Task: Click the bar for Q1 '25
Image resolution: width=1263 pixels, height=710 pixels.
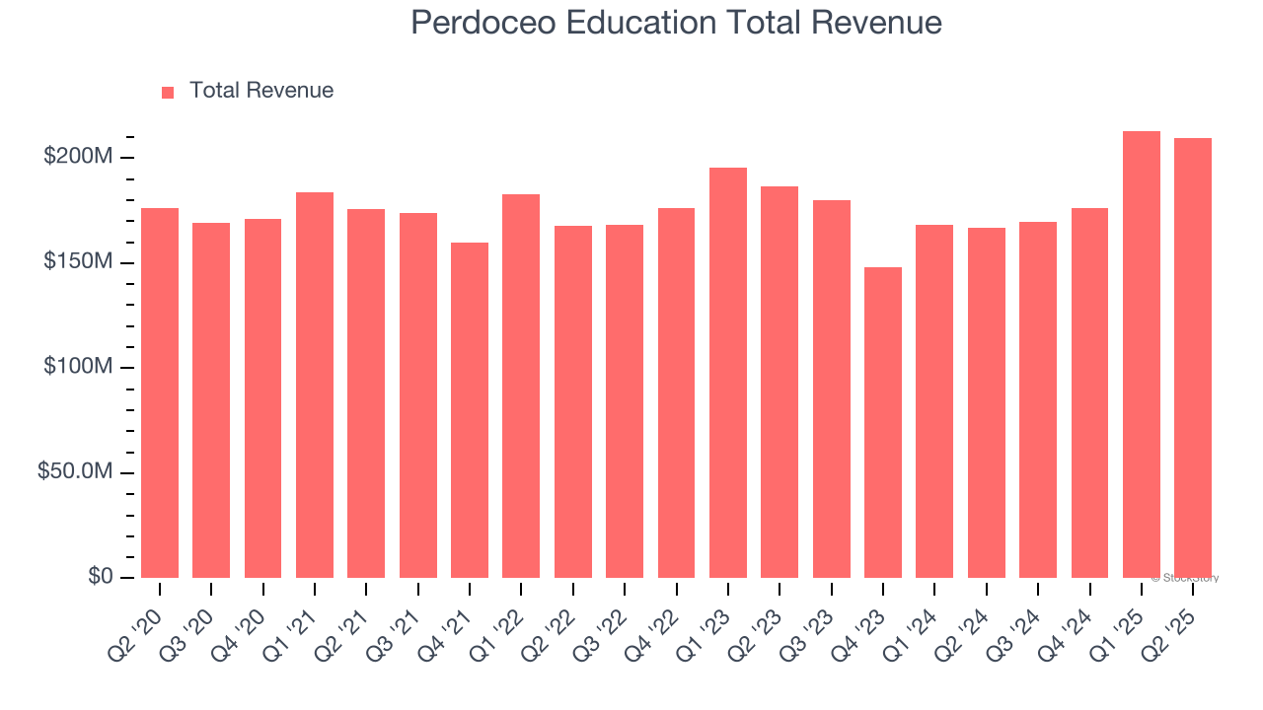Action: tap(1142, 355)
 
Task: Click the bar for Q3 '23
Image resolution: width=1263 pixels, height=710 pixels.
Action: tap(832, 389)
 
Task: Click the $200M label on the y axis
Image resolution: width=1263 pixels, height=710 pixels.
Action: tap(78, 157)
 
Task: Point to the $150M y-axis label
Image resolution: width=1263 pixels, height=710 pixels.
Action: tap(78, 262)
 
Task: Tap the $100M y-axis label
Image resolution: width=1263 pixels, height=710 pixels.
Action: tap(78, 367)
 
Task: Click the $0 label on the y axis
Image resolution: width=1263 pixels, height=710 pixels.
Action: tap(100, 577)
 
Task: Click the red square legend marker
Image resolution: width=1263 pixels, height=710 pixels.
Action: tap(168, 92)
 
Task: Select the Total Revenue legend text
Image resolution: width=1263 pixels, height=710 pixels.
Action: tap(261, 91)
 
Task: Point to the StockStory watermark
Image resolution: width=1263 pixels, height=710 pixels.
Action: tap(1185, 578)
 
